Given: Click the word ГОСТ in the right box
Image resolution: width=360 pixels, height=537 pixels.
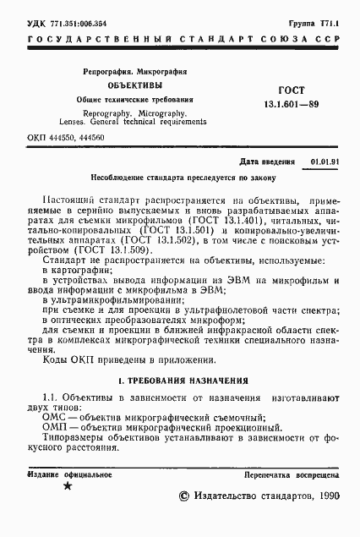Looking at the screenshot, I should (x=291, y=90).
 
